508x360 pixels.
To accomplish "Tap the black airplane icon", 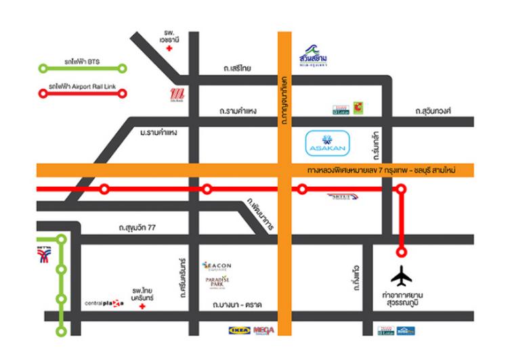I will [x=402, y=277].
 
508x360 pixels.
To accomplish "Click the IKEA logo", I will [x=238, y=331].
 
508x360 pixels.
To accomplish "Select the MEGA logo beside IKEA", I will [x=263, y=331].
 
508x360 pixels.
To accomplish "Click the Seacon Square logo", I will [x=217, y=266].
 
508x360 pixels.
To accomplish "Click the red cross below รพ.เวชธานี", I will [x=169, y=49].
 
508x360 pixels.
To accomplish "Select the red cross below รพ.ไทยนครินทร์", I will [x=142, y=307].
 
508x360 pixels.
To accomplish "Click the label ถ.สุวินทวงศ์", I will [x=434, y=110].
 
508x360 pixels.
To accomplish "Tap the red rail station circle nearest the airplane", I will [x=402, y=252].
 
